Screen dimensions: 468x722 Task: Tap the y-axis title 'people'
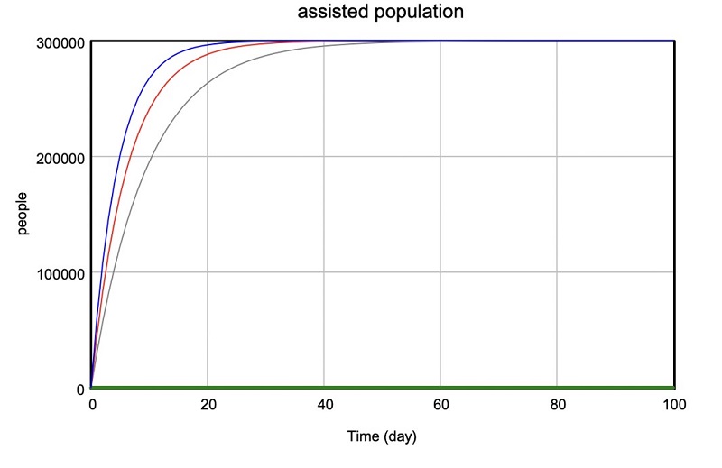coord(23,214)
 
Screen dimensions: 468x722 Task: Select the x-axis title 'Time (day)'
coord(382,436)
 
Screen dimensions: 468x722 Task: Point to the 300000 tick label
coord(60,41)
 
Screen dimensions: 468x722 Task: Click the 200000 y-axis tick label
coord(60,157)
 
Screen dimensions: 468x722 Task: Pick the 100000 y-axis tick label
coord(60,272)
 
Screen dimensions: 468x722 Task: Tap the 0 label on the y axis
coord(79,389)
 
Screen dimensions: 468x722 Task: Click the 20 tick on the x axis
coord(208,405)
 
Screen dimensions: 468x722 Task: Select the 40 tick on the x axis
coord(324,405)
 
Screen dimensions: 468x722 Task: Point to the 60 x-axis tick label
coord(440,405)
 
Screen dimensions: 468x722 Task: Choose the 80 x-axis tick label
coord(557,405)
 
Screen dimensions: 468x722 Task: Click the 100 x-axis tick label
coord(673,405)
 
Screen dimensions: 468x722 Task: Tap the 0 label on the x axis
coord(91,405)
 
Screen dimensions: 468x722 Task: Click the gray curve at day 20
coord(208,83)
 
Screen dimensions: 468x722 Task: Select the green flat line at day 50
coord(383,388)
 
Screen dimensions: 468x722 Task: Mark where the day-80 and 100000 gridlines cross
coord(557,272)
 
